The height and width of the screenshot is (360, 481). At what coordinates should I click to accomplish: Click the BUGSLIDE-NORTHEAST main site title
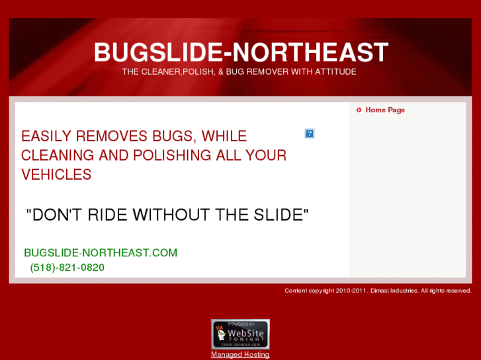point(240,53)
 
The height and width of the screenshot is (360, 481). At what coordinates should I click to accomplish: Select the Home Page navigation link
point(385,110)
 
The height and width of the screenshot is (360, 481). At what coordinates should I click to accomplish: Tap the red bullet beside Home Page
point(359,110)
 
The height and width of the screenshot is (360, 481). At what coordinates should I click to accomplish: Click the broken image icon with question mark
point(309,133)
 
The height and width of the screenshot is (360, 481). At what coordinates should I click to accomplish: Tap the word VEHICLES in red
point(56,175)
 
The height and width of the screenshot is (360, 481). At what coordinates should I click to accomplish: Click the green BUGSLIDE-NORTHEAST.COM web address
point(101,253)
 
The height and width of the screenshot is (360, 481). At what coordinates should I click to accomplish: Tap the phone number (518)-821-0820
point(67,268)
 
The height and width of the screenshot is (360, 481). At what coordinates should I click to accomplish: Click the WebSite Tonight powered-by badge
point(240,334)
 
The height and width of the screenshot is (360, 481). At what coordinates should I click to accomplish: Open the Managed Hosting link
point(240,355)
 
